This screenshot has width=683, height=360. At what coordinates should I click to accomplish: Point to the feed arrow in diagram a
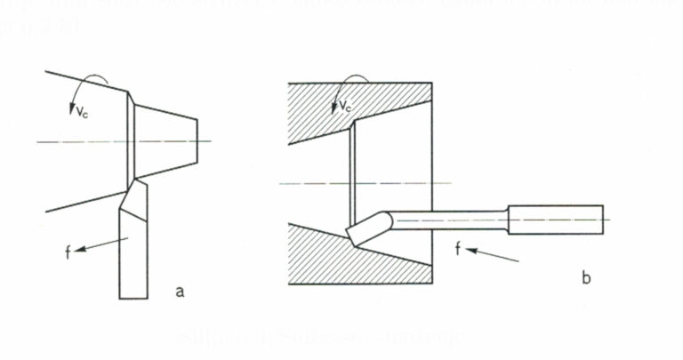[x=103, y=244]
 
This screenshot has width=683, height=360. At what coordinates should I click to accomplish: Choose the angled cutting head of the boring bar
[x=367, y=228]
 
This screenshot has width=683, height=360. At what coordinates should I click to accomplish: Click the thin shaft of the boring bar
[x=449, y=219]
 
